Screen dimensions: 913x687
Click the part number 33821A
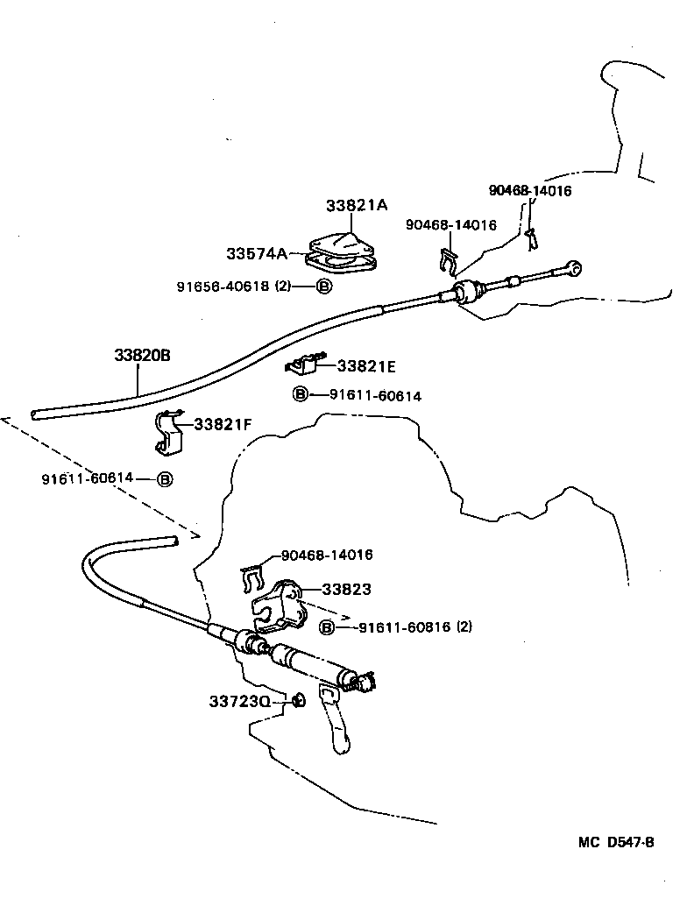pos(356,205)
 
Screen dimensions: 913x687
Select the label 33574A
pos(256,253)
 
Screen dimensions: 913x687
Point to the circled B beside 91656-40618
pos(323,287)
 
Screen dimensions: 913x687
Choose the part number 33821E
pos(366,366)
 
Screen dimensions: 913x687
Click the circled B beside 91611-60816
pos(327,626)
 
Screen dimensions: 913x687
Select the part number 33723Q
pos(239,701)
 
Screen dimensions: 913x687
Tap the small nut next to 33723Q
pos(298,699)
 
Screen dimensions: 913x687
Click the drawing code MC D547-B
pos(616,843)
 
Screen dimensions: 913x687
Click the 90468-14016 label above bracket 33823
pos(327,555)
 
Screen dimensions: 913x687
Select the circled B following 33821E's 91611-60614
pos(299,395)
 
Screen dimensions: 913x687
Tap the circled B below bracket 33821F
pos(165,478)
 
